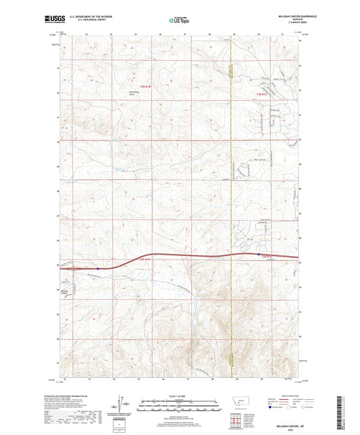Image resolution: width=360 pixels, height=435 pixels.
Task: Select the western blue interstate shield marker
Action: pyautogui.click(x=98, y=267)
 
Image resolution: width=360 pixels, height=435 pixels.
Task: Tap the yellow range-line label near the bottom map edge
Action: pyautogui.click(x=231, y=361)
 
